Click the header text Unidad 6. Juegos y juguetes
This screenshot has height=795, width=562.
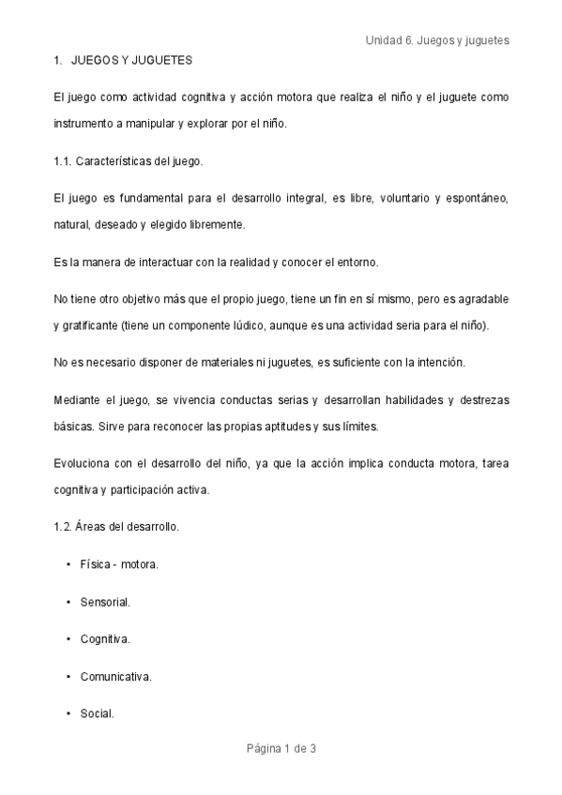pyautogui.click(x=436, y=41)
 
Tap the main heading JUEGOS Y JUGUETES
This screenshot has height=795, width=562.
pyautogui.click(x=131, y=60)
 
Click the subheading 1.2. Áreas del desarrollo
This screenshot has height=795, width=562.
pyautogui.click(x=116, y=526)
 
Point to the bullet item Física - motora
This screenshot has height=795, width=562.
pyautogui.click(x=119, y=563)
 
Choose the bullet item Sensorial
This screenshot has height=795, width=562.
pyautogui.click(x=105, y=601)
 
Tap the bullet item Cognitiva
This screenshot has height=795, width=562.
pyautogui.click(x=105, y=638)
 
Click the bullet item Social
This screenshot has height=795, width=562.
pyautogui.click(x=98, y=713)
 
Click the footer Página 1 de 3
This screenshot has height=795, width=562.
pyautogui.click(x=281, y=748)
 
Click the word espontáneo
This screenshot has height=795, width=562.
pyautogui.click(x=480, y=198)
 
